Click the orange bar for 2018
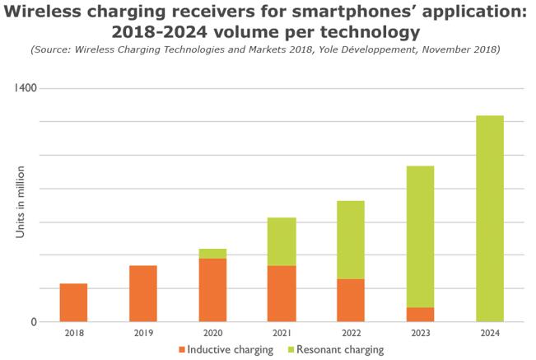74,302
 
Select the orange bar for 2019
143,293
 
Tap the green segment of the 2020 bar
212,254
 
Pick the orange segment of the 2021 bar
282,293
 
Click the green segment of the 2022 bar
351,240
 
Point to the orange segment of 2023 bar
420,315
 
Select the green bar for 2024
490,218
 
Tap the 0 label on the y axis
34,322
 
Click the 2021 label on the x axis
282,333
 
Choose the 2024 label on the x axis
490,333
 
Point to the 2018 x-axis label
74,333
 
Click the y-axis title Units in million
20,202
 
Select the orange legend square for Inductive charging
181,350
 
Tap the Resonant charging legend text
339,350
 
